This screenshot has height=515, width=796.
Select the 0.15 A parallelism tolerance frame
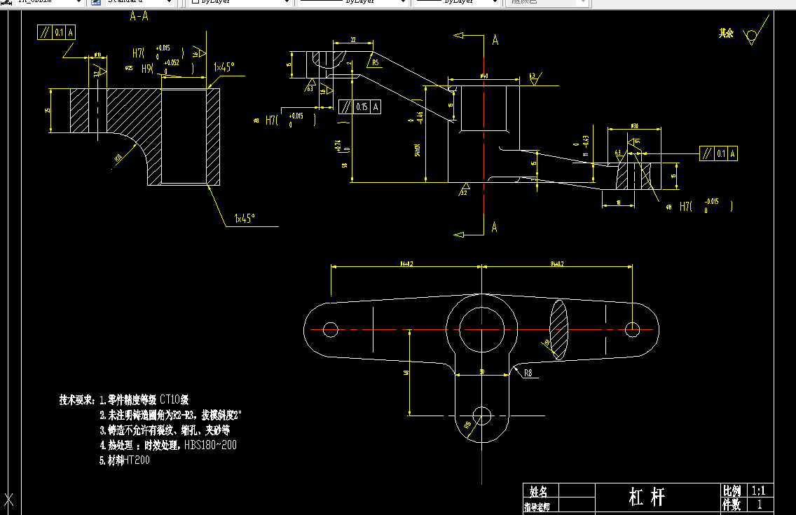(360, 107)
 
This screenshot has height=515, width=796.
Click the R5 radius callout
(376, 62)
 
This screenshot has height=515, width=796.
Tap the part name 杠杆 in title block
(646, 497)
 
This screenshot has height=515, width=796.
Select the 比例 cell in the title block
(732, 490)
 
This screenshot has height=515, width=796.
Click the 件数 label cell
(732, 504)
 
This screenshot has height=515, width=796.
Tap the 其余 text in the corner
(726, 33)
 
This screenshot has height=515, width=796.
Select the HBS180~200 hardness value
(210, 445)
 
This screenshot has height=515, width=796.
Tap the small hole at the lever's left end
(331, 329)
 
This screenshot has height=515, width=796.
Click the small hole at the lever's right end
(633, 328)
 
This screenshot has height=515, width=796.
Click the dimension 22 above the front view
(352, 40)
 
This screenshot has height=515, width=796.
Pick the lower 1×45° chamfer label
(245, 218)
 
